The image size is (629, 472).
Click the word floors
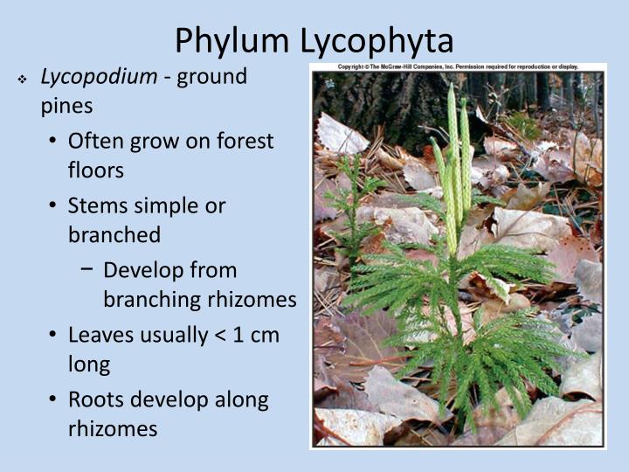(96, 170)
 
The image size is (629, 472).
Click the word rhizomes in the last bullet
(113, 429)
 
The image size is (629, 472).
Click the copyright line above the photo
(458, 66)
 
